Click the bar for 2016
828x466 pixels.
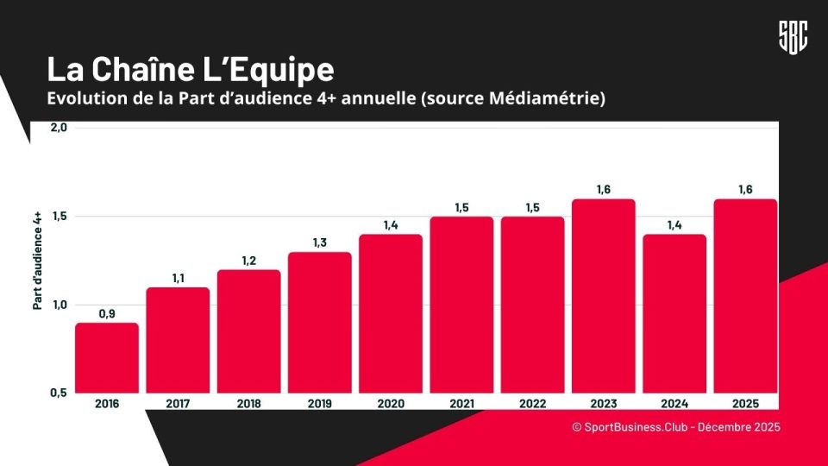pyautogui.click(x=107, y=357)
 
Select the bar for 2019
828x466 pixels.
pyautogui.click(x=320, y=322)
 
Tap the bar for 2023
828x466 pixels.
pyautogui.click(x=603, y=296)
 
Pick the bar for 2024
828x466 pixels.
pyautogui.click(x=674, y=313)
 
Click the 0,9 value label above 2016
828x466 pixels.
pyautogui.click(x=107, y=313)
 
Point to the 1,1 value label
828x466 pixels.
pyautogui.click(x=179, y=278)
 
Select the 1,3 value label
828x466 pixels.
pyautogui.click(x=320, y=242)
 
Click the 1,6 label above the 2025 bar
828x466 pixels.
pyautogui.click(x=744, y=190)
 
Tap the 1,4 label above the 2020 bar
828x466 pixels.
pyautogui.click(x=391, y=225)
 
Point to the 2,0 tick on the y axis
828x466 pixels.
pyautogui.click(x=59, y=128)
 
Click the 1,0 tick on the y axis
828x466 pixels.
pyautogui.click(x=59, y=305)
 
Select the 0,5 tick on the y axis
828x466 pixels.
pyautogui.click(x=59, y=393)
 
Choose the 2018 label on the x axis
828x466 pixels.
pyautogui.click(x=249, y=403)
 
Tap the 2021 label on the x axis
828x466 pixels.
pyautogui.click(x=461, y=403)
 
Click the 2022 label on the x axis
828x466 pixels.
pyautogui.click(x=532, y=403)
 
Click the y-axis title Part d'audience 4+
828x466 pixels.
pyautogui.click(x=38, y=259)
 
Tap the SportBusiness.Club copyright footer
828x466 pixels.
pyautogui.click(x=675, y=427)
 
